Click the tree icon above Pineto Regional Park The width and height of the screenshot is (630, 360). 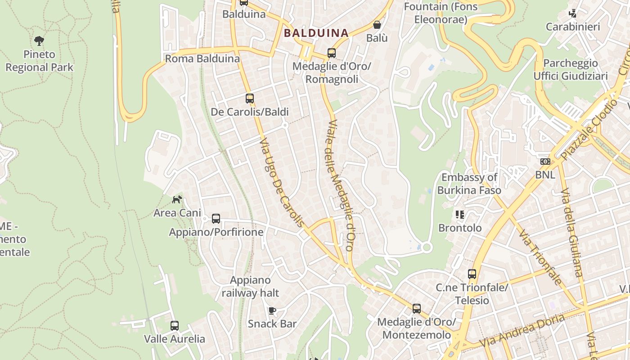[x=39, y=41]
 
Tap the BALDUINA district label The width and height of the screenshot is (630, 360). [x=316, y=33]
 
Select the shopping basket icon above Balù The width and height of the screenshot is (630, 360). [x=377, y=25]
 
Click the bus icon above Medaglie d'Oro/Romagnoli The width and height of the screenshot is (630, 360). [x=332, y=53]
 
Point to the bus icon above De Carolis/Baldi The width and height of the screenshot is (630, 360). [x=250, y=98]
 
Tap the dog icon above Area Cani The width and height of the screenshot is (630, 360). [x=177, y=199]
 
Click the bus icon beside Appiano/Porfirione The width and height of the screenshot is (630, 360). [x=216, y=219]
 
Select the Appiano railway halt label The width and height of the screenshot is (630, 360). [x=250, y=287]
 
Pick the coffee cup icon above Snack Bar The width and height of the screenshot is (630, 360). [x=272, y=310]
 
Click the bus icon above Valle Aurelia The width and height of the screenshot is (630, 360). [x=175, y=325]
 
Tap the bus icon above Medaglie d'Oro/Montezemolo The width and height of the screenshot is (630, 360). [x=417, y=309]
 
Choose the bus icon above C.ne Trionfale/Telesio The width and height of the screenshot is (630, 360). [x=472, y=274]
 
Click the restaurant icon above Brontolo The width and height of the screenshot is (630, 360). [x=459, y=215]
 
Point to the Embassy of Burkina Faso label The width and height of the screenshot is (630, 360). [x=469, y=184]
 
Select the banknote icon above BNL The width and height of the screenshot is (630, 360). [x=545, y=161]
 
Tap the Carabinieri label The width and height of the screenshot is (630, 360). [x=573, y=27]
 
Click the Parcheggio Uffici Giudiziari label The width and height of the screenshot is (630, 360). [x=571, y=69]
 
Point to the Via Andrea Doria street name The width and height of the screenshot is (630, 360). [x=522, y=331]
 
